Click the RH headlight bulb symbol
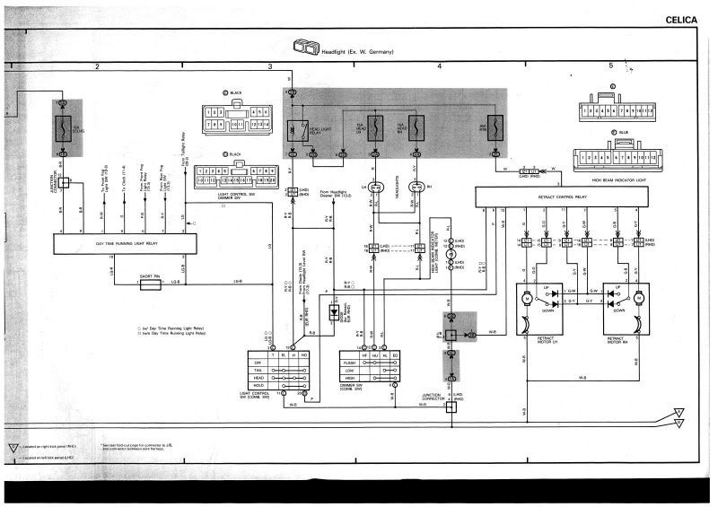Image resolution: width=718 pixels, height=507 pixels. tap(416, 188)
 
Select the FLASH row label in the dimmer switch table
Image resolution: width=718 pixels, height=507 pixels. tap(350, 363)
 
